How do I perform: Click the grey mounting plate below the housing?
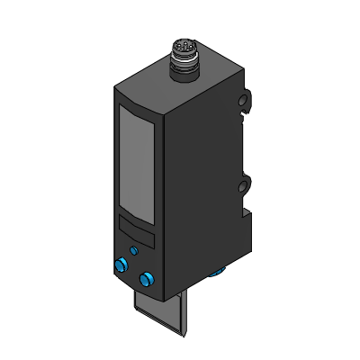[x=160, y=315]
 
